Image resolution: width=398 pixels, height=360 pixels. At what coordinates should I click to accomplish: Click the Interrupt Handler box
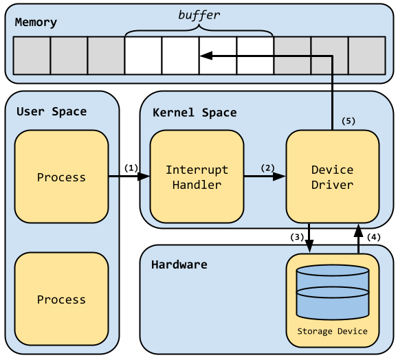(197, 177)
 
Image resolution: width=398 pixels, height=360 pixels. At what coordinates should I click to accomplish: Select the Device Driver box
(332, 177)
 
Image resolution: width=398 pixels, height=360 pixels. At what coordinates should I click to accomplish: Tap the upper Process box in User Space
(61, 177)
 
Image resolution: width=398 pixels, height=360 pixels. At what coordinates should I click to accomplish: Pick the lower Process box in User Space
(61, 299)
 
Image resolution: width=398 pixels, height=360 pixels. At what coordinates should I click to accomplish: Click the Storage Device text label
(332, 331)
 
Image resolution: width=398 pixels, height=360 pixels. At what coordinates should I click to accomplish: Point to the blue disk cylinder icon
(332, 292)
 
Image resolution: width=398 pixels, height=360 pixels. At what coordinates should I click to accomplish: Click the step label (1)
(131, 167)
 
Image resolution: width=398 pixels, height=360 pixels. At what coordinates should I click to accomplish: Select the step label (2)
(267, 167)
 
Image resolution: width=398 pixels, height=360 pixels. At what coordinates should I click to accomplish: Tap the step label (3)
(296, 237)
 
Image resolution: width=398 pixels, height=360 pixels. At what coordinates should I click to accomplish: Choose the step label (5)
(349, 121)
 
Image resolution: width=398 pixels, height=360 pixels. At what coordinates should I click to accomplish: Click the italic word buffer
(199, 15)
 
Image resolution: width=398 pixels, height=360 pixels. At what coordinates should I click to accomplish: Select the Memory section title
(36, 22)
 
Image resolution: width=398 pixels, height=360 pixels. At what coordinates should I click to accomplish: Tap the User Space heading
(52, 111)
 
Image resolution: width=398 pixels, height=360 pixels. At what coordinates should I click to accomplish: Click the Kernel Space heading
(195, 112)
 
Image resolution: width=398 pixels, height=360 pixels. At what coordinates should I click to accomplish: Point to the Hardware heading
(179, 264)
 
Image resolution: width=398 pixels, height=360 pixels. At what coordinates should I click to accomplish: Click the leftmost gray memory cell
(32, 56)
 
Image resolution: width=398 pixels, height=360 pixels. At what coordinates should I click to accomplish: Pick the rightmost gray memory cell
(366, 56)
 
